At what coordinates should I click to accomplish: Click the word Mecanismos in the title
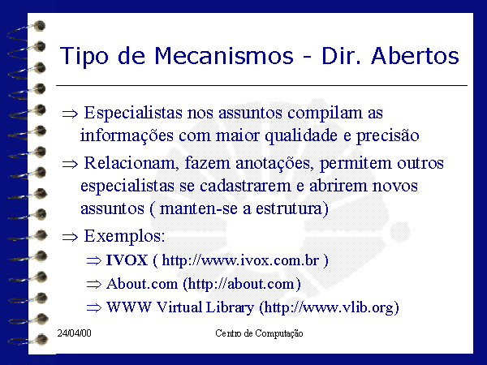coord(224,56)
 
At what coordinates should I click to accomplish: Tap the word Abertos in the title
coord(415,56)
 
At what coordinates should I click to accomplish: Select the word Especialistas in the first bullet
coord(133,113)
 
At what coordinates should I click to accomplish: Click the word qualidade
coord(301,136)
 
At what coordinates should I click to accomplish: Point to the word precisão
coord(388,136)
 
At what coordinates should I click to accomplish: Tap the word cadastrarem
coord(245,186)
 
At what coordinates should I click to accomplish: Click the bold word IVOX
coord(127,260)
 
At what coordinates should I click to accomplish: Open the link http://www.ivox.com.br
coord(240,260)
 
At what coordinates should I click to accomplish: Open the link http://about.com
coord(241,284)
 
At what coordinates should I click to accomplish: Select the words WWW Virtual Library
coord(180,307)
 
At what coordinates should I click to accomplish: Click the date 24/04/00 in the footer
coord(74,333)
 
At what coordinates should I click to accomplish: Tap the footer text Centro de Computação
coord(259,333)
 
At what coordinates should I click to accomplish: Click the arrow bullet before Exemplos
coord(70,238)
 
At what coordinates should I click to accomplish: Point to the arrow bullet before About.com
coord(94,284)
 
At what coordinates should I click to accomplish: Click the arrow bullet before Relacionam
coord(70,164)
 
